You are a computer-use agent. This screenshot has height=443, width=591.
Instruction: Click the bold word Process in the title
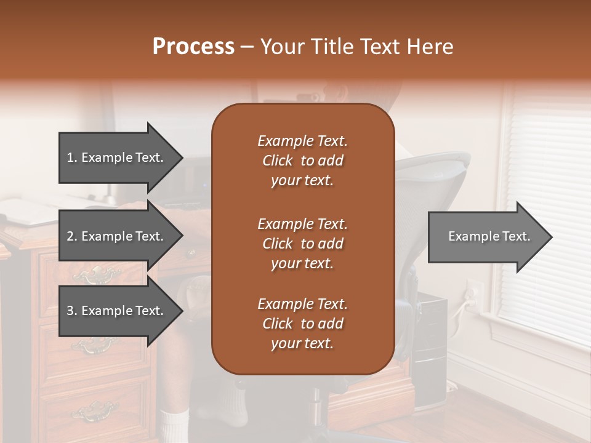click(193, 47)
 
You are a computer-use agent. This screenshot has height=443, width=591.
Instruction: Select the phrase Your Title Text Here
click(356, 47)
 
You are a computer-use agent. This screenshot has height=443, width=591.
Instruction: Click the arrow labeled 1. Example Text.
click(117, 158)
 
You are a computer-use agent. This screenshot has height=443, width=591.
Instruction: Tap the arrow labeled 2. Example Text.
click(117, 236)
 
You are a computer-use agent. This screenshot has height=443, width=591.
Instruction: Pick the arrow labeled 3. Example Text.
click(117, 311)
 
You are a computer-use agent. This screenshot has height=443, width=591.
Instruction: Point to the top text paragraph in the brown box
click(302, 161)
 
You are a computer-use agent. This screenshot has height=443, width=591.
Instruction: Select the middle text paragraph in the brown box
click(302, 244)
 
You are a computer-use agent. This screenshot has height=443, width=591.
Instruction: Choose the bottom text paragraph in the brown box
click(302, 324)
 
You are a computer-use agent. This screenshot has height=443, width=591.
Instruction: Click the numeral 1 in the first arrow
click(70, 158)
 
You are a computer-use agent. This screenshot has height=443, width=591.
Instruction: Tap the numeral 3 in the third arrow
click(70, 311)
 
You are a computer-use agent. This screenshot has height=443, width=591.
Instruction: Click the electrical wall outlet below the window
click(472, 289)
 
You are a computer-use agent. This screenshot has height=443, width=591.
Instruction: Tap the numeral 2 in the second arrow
click(70, 236)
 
